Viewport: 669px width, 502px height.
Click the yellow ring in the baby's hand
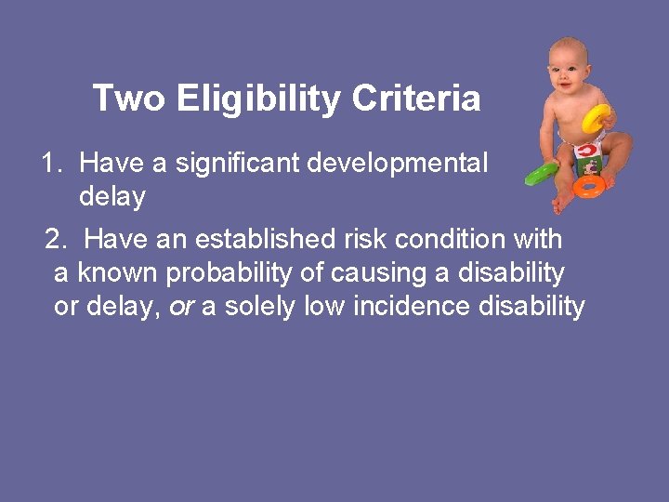[x=597, y=117]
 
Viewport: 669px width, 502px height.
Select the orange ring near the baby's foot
[x=589, y=185]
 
